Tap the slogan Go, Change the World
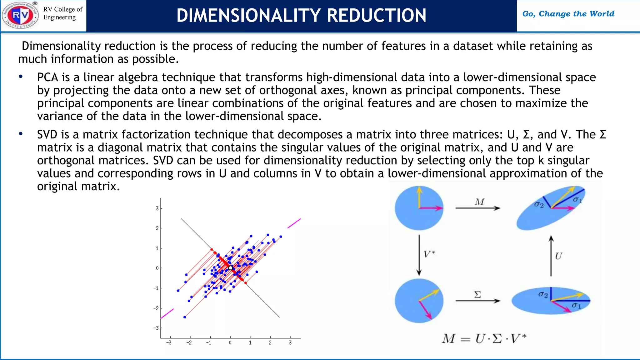[568, 14]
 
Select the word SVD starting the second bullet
[47, 134]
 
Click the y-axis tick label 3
[157, 208]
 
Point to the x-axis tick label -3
[169, 343]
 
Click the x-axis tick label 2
[270, 343]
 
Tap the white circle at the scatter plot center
[231, 268]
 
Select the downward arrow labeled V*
[419, 255]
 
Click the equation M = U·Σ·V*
[484, 339]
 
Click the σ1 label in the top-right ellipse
[577, 200]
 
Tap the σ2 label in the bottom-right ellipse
[543, 294]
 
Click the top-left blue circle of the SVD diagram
[419, 208]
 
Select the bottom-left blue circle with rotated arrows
[419, 301]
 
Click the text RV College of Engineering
[63, 13]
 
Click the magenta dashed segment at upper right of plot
[294, 223]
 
